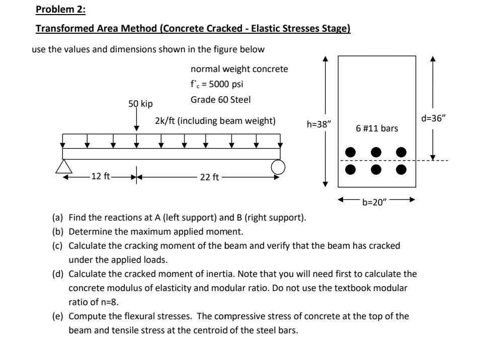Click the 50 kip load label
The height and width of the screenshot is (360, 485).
click(141, 104)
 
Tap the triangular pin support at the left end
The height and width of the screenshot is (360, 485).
click(62, 166)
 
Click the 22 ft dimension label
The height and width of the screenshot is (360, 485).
click(208, 177)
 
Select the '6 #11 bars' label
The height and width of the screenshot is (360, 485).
click(376, 128)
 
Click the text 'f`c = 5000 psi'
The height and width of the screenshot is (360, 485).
click(213, 85)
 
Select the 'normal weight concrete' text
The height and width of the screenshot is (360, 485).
click(239, 69)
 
